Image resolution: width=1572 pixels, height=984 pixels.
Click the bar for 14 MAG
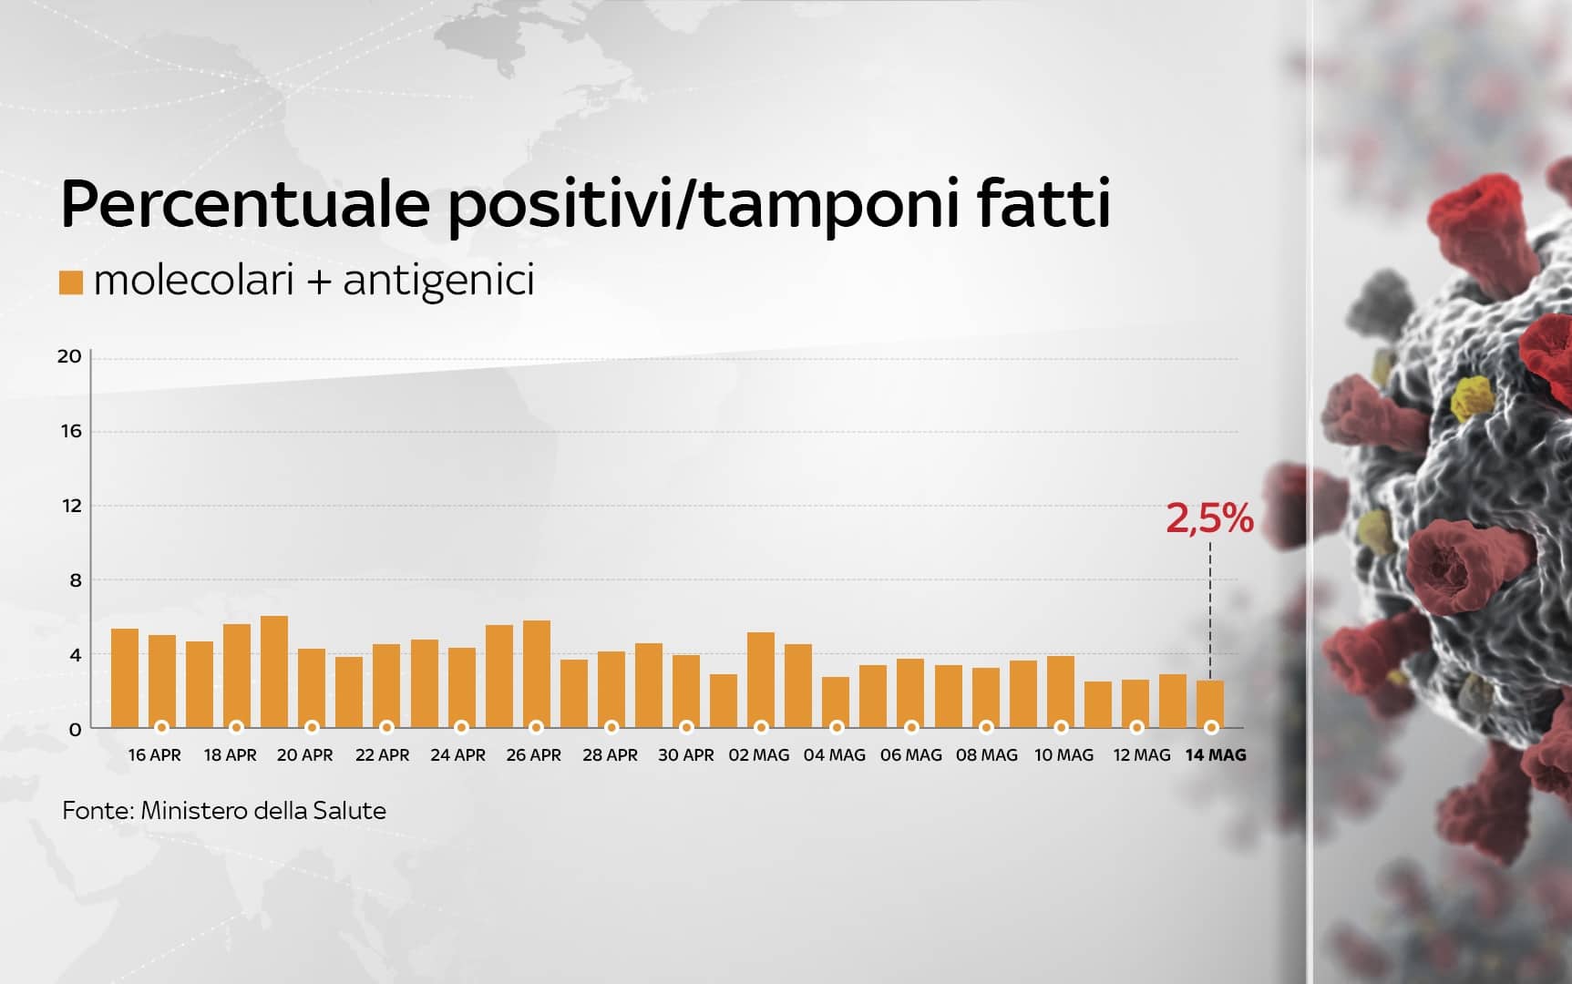(x=1210, y=703)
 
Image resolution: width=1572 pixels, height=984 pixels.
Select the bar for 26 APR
(x=537, y=674)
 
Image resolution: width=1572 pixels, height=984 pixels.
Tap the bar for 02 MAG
(x=761, y=680)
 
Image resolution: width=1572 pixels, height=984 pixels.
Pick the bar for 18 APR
(x=237, y=676)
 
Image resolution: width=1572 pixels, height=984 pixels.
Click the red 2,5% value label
(x=1210, y=519)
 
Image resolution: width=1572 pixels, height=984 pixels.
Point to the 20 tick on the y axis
(x=69, y=356)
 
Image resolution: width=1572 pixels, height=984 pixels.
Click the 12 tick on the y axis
(x=71, y=506)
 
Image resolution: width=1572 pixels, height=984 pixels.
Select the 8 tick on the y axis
(x=76, y=580)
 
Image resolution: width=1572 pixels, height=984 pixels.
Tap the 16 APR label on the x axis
(x=155, y=755)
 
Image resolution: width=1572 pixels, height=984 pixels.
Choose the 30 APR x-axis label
(x=686, y=755)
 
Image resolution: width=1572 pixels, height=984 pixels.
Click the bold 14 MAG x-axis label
(x=1215, y=755)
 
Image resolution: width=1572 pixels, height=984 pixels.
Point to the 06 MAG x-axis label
(x=911, y=755)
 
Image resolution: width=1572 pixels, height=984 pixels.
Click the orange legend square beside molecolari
(x=71, y=282)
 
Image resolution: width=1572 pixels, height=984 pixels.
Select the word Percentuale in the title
(x=245, y=205)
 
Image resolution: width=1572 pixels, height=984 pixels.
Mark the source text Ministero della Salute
(x=263, y=811)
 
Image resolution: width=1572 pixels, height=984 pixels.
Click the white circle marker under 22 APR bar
(x=387, y=727)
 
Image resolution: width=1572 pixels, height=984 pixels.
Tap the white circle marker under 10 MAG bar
(x=1062, y=727)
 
